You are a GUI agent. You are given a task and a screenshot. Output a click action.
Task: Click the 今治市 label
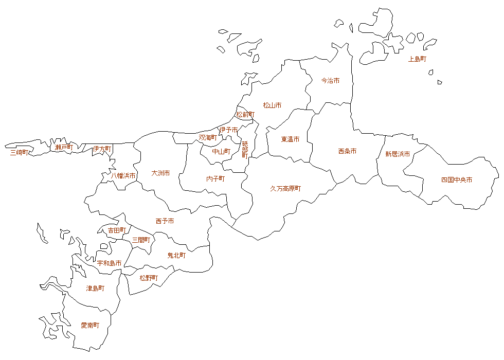[x=330, y=81]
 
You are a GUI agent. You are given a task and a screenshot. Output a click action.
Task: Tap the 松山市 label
[x=272, y=105]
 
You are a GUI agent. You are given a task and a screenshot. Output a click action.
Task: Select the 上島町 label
[x=417, y=59]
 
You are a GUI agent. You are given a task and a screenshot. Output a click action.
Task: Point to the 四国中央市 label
[x=457, y=180]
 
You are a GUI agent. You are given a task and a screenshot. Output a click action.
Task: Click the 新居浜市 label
[x=398, y=154]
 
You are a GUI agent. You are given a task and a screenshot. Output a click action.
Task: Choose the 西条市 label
[x=347, y=151]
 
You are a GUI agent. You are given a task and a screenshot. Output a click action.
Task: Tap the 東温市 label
[x=290, y=139]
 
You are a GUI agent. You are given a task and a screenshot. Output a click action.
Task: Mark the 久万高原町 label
[x=285, y=189]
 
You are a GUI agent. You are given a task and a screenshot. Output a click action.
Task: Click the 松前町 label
[x=245, y=115]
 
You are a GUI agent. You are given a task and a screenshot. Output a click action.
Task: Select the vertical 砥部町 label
[x=245, y=150]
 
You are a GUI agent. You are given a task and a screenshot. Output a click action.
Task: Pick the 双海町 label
[x=208, y=138]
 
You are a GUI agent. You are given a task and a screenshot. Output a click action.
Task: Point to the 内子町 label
[x=215, y=179]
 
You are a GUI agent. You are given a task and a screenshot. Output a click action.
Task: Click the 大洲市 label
[x=160, y=173]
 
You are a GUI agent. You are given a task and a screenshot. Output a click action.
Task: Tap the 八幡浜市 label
[x=123, y=176]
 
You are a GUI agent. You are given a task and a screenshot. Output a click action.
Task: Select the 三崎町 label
[x=19, y=152]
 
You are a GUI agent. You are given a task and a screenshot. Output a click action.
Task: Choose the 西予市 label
[x=165, y=221]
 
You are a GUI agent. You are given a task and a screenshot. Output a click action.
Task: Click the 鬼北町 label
[x=176, y=255]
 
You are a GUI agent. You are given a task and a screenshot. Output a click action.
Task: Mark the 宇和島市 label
[x=110, y=263]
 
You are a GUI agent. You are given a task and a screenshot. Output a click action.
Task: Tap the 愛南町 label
[x=90, y=326]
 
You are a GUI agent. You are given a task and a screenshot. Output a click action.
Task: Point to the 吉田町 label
[x=117, y=230]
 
